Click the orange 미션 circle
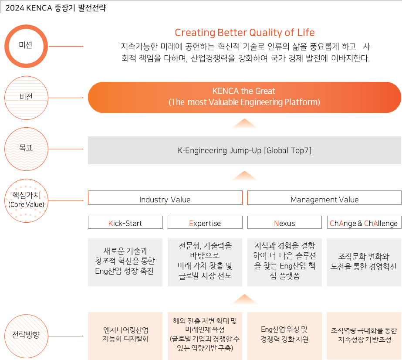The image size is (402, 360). click(x=26, y=46)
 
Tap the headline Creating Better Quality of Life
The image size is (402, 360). click(x=244, y=33)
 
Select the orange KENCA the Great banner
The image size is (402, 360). click(x=244, y=97)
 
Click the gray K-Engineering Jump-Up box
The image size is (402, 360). click(x=244, y=150)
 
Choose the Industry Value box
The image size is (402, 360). click(x=165, y=198)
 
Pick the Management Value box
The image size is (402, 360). click(x=324, y=198)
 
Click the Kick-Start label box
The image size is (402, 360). click(x=125, y=223)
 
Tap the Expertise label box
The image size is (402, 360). click(x=205, y=223)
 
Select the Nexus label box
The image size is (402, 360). click(x=284, y=223)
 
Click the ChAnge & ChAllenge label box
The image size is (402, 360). click(x=364, y=223)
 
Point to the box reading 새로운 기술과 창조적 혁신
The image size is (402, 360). click(x=125, y=262)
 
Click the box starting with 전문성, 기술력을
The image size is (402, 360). click(x=205, y=262)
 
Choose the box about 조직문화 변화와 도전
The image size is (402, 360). click(x=364, y=262)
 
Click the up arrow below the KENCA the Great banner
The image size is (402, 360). click(x=244, y=124)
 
